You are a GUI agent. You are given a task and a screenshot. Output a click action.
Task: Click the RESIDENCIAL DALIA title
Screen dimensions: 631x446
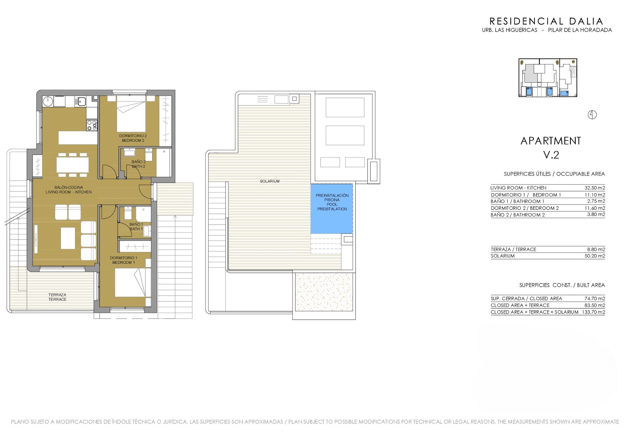point(546,21)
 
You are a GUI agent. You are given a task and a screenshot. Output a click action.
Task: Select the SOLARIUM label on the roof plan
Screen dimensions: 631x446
point(269,181)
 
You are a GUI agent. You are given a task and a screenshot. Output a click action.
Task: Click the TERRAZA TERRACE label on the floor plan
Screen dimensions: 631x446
point(57,297)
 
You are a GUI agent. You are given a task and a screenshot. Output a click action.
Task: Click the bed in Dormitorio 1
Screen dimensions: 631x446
point(130,283)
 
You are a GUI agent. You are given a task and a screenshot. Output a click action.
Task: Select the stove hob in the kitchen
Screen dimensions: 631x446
point(92,125)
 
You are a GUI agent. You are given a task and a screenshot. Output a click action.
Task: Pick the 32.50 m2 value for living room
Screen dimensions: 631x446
point(595,188)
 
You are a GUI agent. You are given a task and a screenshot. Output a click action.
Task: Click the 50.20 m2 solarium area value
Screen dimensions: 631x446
point(595,256)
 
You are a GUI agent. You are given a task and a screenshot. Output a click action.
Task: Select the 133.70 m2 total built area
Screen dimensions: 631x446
point(593,312)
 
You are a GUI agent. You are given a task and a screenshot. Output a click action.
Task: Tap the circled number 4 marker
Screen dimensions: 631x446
point(592,115)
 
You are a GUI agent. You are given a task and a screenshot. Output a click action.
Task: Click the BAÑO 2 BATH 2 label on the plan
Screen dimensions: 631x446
point(138,164)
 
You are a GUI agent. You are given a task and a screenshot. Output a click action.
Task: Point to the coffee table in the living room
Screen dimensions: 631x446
point(68,238)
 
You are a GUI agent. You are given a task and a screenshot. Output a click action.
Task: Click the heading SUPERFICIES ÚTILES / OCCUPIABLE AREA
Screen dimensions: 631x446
point(554,174)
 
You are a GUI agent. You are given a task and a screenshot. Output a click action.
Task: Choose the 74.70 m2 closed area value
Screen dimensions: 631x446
point(595,299)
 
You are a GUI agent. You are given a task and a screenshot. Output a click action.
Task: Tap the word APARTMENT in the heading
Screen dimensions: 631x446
point(551,141)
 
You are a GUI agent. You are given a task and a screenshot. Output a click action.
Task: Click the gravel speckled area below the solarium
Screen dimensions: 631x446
point(324,292)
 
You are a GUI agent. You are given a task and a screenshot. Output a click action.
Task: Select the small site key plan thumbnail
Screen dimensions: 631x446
point(548,78)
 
